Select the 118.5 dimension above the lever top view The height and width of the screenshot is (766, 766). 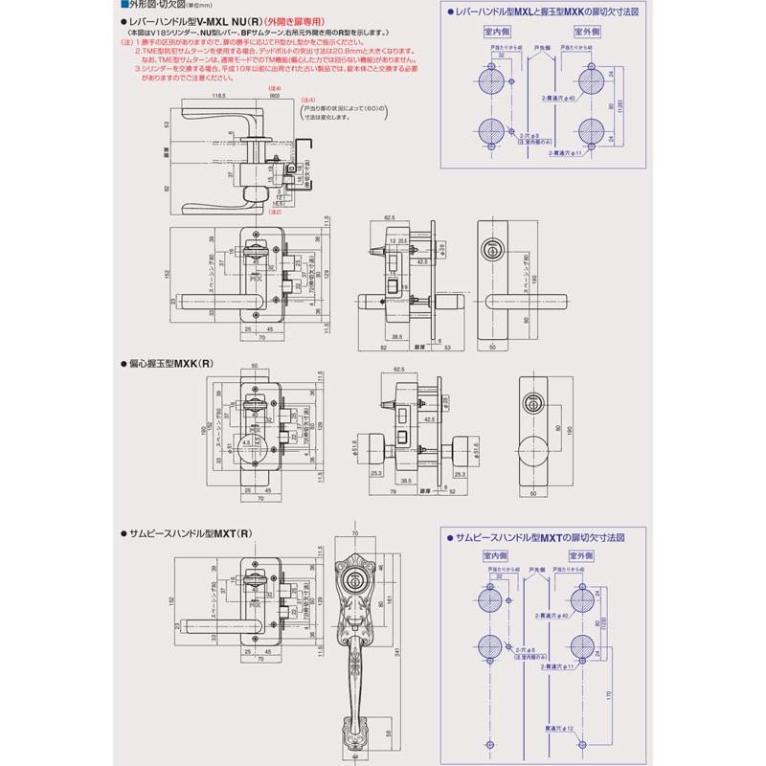pos(219,97)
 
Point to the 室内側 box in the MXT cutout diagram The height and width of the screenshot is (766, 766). pos(494,554)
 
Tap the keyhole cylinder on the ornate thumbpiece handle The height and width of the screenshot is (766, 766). pos(354,580)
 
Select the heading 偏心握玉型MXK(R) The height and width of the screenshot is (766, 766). pos(169,364)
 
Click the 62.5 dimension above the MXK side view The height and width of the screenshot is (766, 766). pos(400,368)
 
